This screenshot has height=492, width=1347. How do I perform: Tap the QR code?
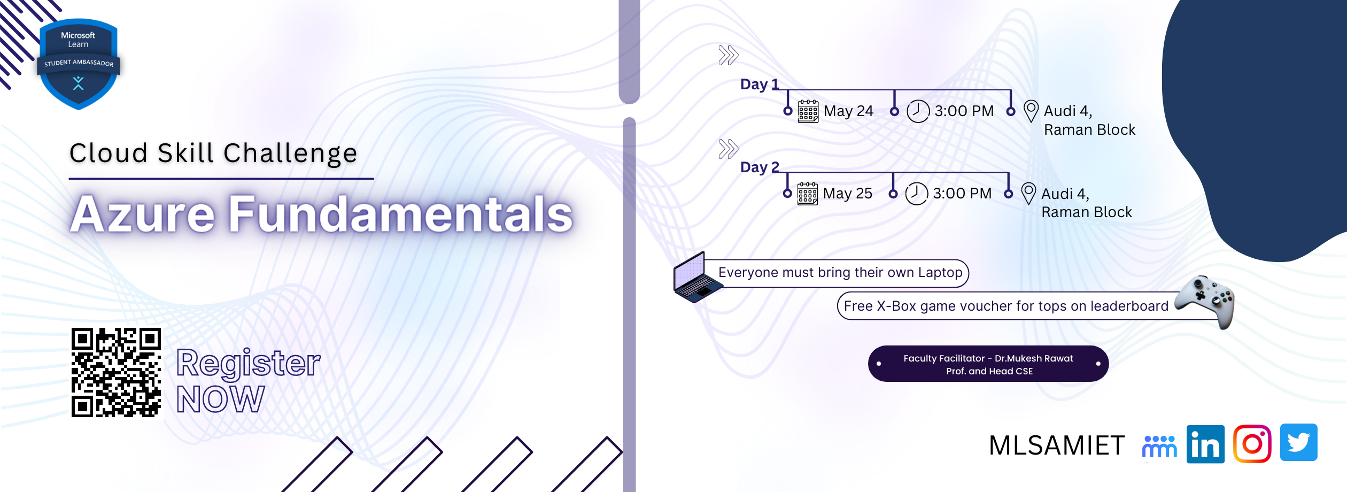click(116, 372)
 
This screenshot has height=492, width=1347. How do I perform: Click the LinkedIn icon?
click(1205, 444)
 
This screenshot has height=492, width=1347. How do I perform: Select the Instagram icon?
click(1252, 443)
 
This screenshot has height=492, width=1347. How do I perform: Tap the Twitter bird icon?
click(1298, 442)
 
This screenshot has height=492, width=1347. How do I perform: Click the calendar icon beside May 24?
click(808, 111)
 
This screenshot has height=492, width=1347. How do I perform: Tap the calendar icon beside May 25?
click(807, 194)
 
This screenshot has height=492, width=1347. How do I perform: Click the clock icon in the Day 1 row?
click(918, 111)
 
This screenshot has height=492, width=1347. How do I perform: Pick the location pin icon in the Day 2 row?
click(1028, 194)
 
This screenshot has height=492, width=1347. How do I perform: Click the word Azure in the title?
click(143, 214)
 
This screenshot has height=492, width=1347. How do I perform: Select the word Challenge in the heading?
click(290, 153)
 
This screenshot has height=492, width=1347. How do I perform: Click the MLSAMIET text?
click(1057, 445)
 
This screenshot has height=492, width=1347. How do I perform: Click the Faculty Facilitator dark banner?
click(988, 364)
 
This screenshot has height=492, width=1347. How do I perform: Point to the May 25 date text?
click(847, 194)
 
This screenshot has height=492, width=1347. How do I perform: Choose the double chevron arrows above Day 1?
click(729, 55)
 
